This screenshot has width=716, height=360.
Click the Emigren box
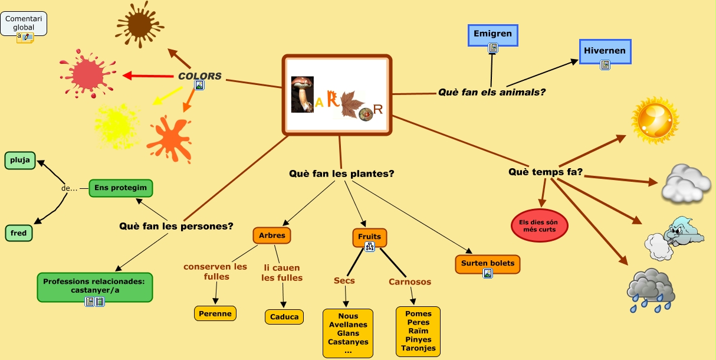click(492, 34)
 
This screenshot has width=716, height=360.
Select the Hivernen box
click(605, 51)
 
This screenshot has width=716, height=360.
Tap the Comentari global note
click(24, 24)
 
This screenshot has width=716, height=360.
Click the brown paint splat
click(139, 24)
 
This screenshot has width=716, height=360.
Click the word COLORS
click(200, 76)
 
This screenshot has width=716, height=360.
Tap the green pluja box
click(20, 160)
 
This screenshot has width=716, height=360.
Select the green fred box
click(19, 233)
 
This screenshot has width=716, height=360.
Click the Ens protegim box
click(121, 188)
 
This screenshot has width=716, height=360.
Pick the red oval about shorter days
click(539, 225)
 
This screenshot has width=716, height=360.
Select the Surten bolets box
click(488, 263)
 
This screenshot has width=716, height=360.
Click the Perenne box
click(215, 313)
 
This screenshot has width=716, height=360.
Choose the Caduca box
click(284, 316)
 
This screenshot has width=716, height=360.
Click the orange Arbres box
click(272, 235)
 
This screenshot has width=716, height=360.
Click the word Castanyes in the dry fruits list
click(348, 342)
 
